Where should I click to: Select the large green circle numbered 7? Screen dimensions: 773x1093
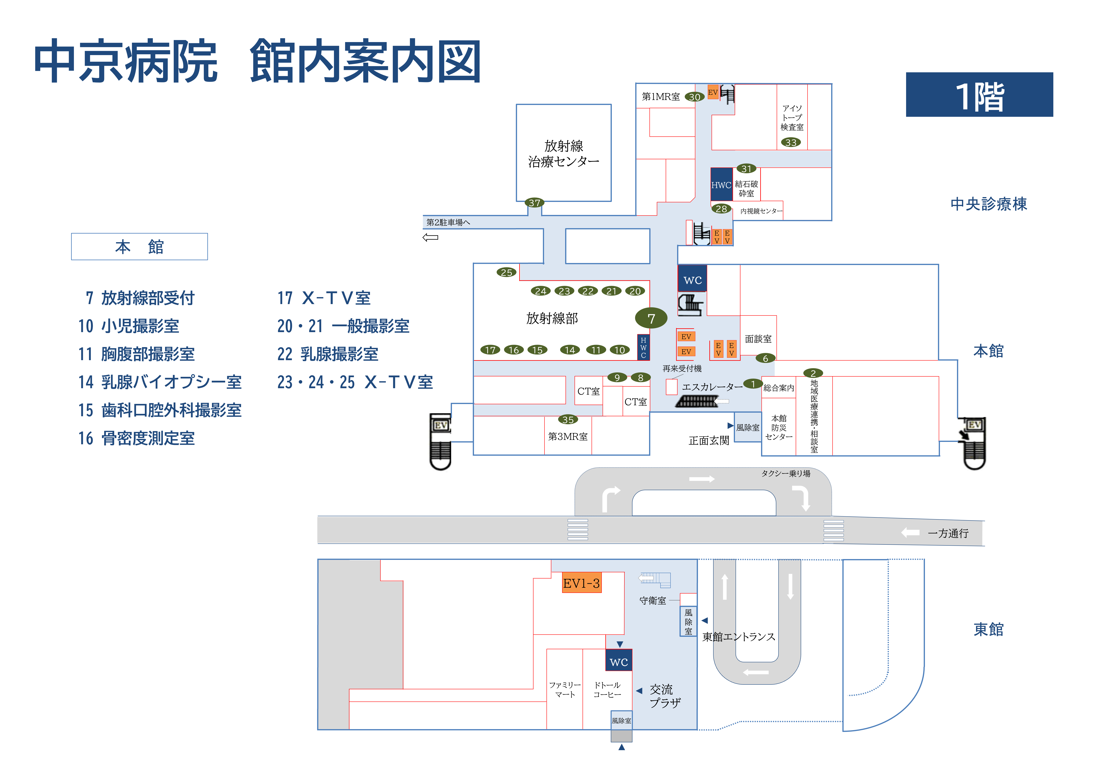(651, 318)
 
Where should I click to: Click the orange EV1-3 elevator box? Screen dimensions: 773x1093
(581, 583)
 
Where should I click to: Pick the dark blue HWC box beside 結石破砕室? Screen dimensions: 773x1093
(721, 185)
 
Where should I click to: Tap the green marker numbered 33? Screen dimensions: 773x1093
(791, 142)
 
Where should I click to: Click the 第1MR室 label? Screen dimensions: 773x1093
(660, 97)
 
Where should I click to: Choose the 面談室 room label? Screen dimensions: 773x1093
(758, 339)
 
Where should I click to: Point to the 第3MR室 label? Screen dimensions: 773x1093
(568, 436)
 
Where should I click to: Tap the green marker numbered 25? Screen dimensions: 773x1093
(506, 272)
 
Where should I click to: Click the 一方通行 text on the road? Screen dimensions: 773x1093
(948, 533)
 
